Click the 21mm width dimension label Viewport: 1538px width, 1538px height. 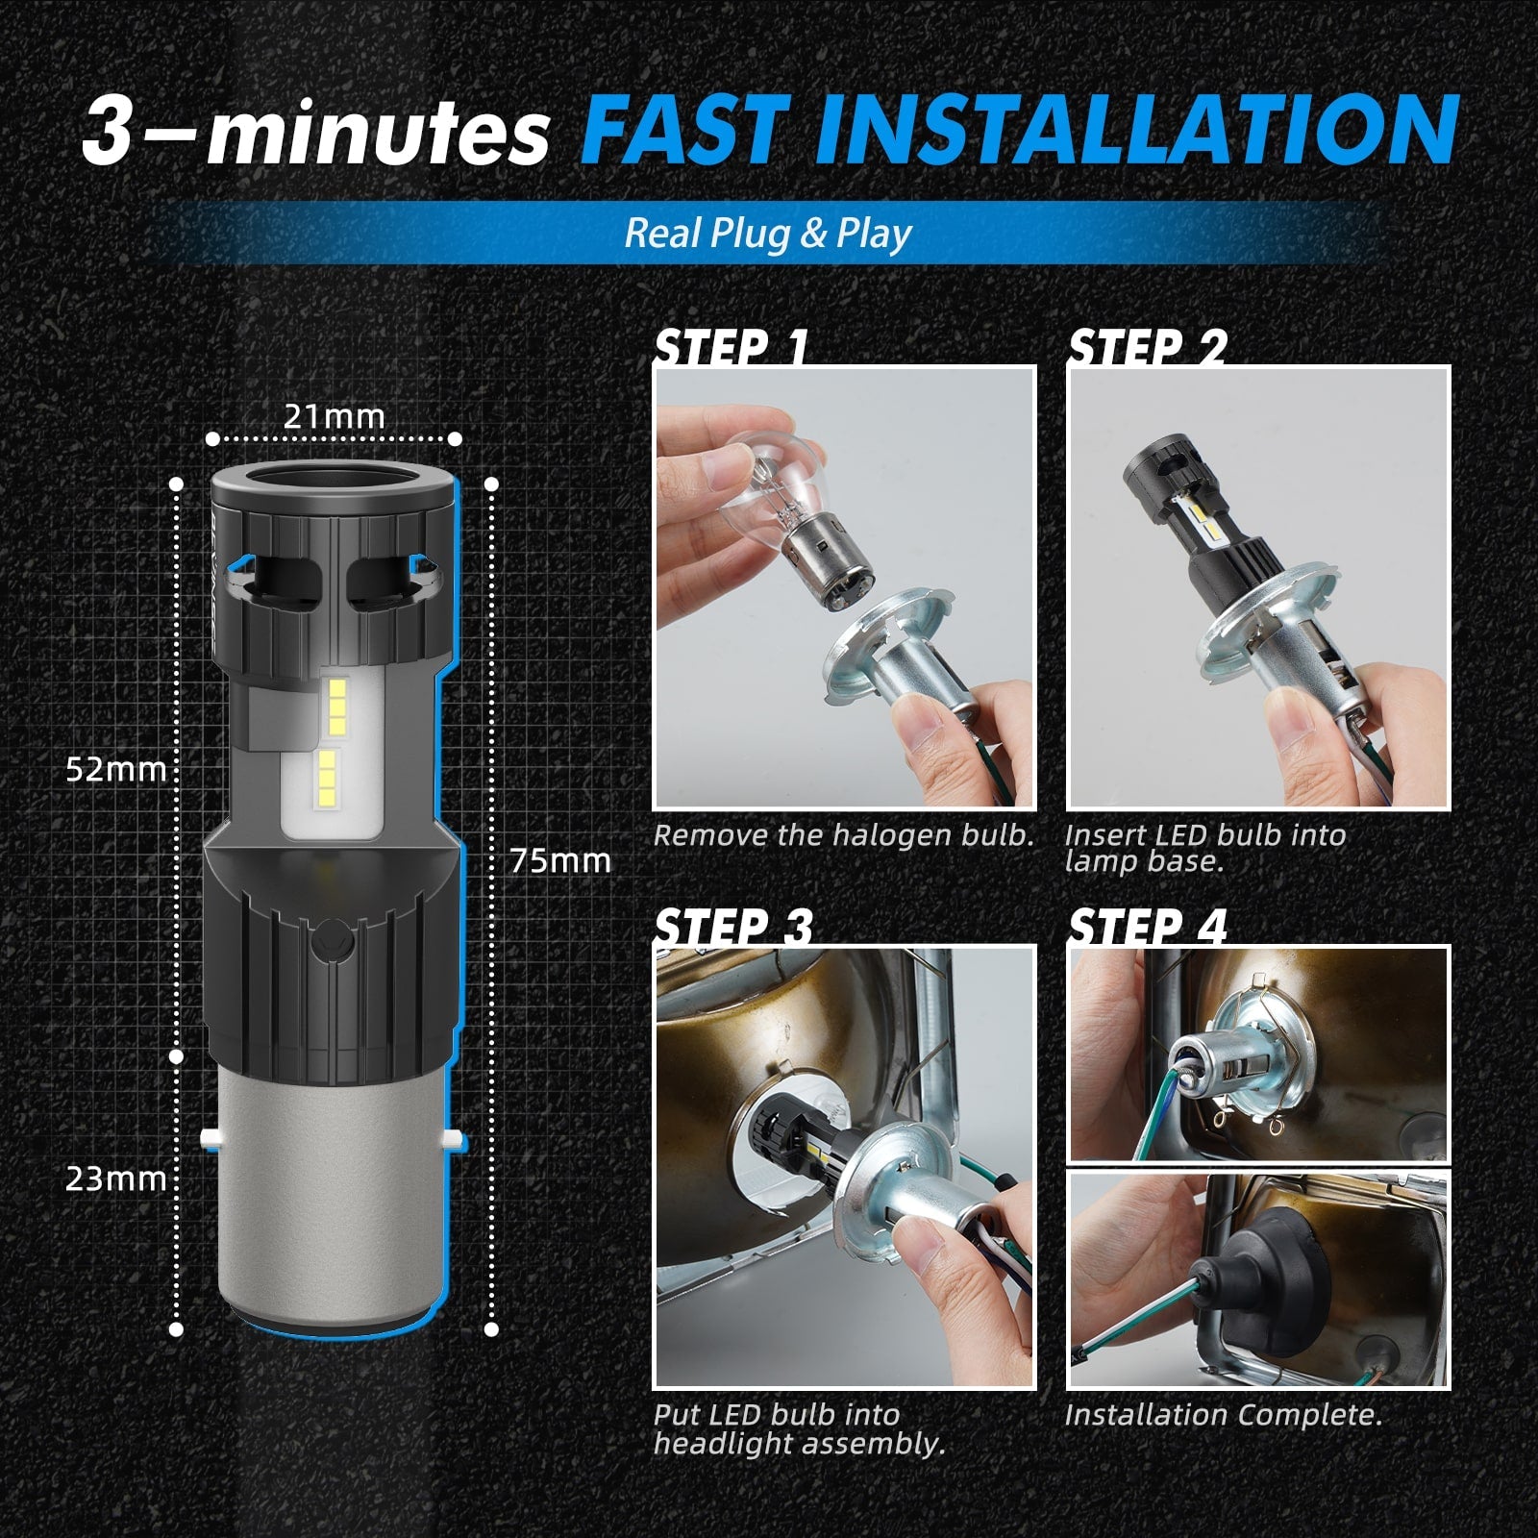pyautogui.click(x=334, y=416)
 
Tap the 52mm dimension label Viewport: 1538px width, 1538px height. pyautogui.click(x=116, y=769)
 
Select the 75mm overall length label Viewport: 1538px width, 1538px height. pyautogui.click(x=560, y=860)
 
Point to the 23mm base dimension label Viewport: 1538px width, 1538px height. pyautogui.click(x=116, y=1178)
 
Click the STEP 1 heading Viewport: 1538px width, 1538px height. pyautogui.click(x=732, y=346)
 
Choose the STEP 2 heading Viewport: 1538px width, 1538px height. pyautogui.click(x=1148, y=346)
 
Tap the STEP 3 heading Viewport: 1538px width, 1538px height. pyautogui.click(x=733, y=927)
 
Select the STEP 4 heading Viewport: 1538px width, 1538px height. pyautogui.click(x=1148, y=927)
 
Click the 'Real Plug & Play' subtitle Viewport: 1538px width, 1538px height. pyautogui.click(x=768, y=234)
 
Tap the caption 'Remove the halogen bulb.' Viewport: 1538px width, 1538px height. pyautogui.click(x=843, y=835)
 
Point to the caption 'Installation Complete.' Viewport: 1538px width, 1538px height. pyautogui.click(x=1223, y=1414)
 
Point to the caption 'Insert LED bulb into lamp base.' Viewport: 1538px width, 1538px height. pyautogui.click(x=1205, y=848)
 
